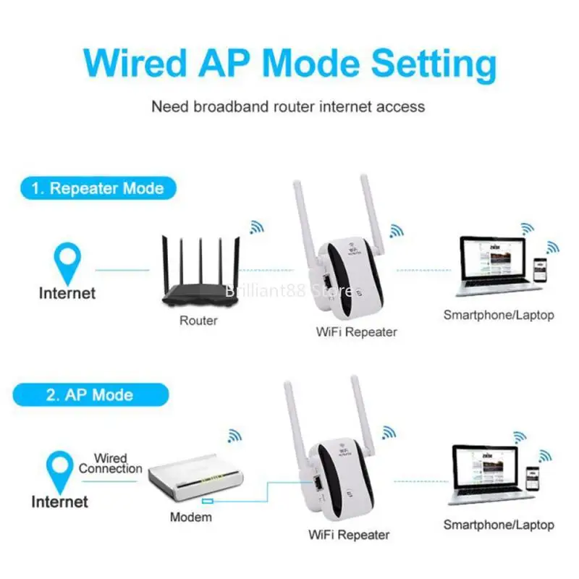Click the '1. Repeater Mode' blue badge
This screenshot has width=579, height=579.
(97, 189)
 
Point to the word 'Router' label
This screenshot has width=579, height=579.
(198, 320)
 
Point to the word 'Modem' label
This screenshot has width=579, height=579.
(191, 517)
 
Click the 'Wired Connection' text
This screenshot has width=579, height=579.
(110, 463)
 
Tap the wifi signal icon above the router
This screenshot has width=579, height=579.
(256, 227)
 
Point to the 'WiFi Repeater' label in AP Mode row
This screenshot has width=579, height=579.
(349, 535)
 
